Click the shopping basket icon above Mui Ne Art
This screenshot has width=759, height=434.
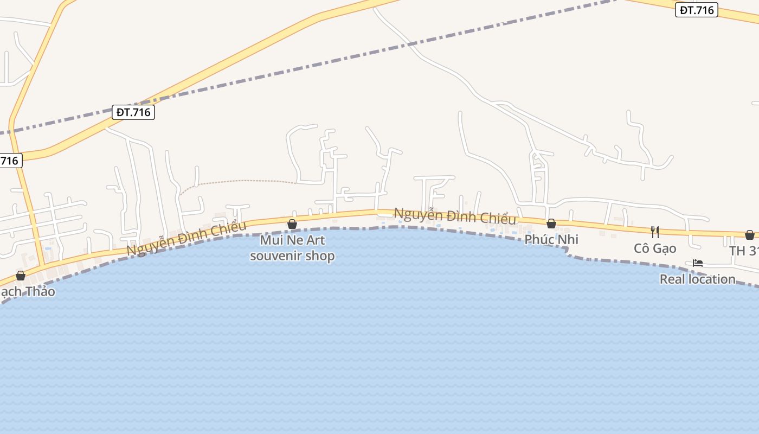coord(292,224)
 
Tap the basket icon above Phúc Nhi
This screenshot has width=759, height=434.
coord(551,223)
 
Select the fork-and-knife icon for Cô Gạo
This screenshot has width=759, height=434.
coord(655,232)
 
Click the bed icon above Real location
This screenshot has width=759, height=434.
coord(698,263)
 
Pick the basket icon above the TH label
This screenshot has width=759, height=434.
coord(750,234)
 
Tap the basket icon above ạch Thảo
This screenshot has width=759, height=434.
coord(21,276)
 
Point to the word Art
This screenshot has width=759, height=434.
coord(314,240)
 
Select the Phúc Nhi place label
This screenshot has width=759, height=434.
coord(551,239)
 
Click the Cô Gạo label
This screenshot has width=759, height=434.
coord(655,248)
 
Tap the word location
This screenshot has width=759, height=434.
coord(710,279)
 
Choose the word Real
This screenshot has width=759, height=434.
coord(671,279)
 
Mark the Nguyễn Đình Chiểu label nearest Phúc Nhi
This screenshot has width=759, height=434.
coord(455,216)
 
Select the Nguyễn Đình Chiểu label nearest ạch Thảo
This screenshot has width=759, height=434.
coord(186,238)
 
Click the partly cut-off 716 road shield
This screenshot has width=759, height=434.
coord(9,161)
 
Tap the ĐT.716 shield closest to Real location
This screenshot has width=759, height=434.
coord(697,10)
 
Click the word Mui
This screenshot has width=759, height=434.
coord(271,240)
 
